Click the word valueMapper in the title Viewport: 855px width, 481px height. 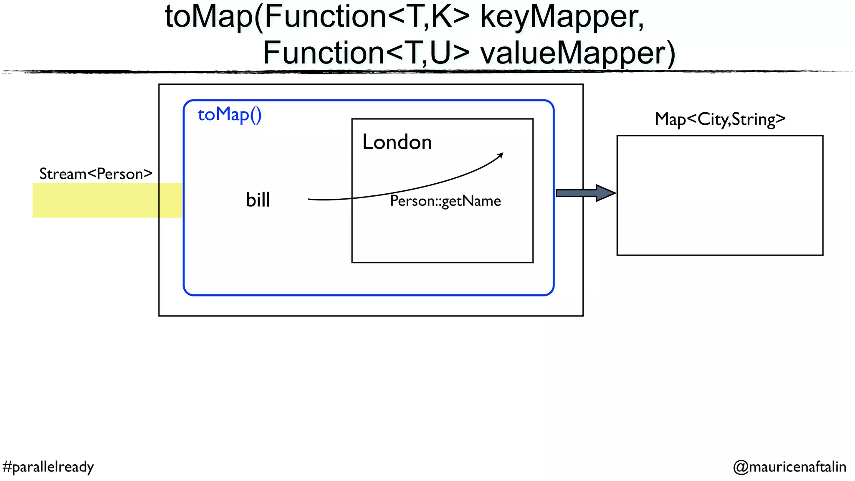[577, 53]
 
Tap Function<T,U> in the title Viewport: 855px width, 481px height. [366, 53]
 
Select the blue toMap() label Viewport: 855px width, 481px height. [229, 114]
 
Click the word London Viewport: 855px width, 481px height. [397, 142]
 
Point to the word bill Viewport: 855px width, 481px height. [258, 200]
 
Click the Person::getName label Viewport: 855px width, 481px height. [445, 201]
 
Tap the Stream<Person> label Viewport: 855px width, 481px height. [96, 174]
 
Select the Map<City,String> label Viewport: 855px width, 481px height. [720, 119]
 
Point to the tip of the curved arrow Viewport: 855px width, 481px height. [502, 154]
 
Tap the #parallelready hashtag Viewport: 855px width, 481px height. [48, 467]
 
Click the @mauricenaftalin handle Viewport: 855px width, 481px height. [789, 467]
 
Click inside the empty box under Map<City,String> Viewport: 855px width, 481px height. [720, 195]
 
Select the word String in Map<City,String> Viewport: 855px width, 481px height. [754, 119]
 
